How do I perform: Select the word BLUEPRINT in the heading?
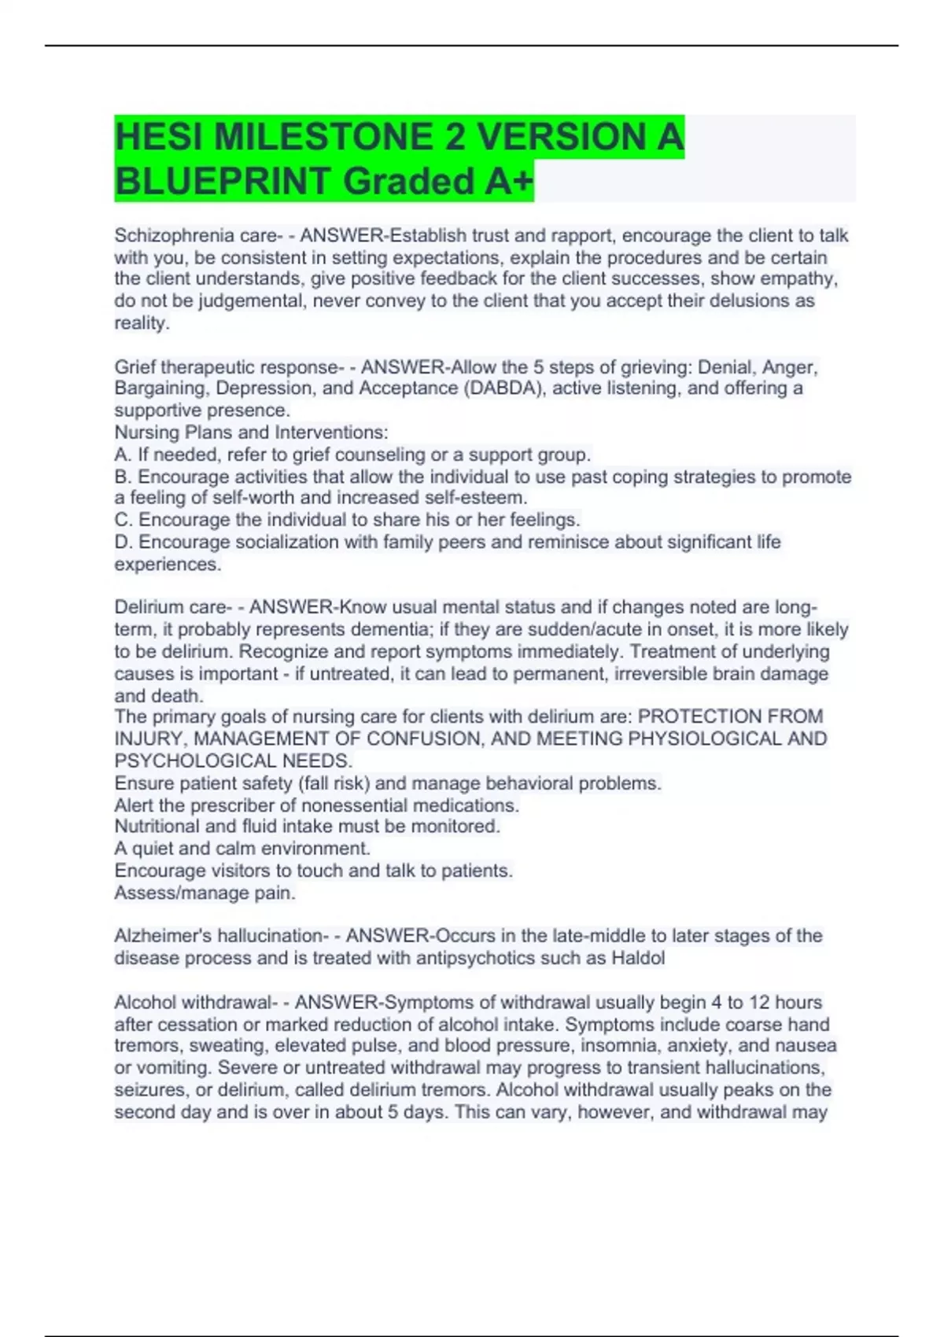coord(223,182)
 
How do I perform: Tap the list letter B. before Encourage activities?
coord(124,477)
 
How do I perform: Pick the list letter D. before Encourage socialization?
coord(124,543)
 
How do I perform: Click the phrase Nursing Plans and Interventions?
coord(251,433)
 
